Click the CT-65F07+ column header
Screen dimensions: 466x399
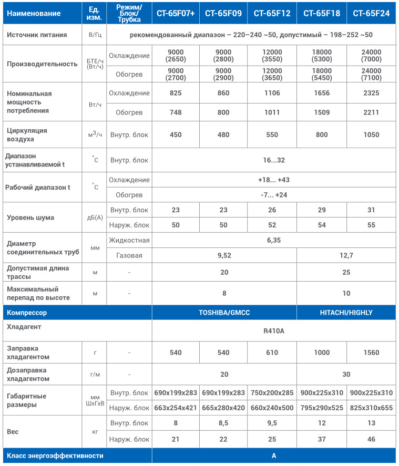pos(176,14)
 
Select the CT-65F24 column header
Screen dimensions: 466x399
pos(371,14)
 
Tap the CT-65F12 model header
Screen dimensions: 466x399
pos(272,14)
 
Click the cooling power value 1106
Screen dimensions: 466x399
pos(272,93)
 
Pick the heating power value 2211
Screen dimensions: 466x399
pos(371,111)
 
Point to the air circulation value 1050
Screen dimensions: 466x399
pos(371,134)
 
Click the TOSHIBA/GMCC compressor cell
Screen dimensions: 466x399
pos(224,312)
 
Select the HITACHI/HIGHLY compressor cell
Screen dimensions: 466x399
pos(346,312)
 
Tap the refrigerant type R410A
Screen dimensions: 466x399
pos(274,332)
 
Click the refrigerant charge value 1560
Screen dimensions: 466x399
pos(371,353)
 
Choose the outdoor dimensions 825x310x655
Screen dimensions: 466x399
pos(371,407)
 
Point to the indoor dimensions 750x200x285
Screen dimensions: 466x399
pos(272,392)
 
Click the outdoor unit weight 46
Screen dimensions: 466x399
pos(371,439)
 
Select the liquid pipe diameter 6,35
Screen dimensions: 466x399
pos(274,240)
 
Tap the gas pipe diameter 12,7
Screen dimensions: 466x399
pos(346,255)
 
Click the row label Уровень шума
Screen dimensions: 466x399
pos(30,218)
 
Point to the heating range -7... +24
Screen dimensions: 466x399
pos(274,195)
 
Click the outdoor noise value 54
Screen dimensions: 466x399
pos(322,225)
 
